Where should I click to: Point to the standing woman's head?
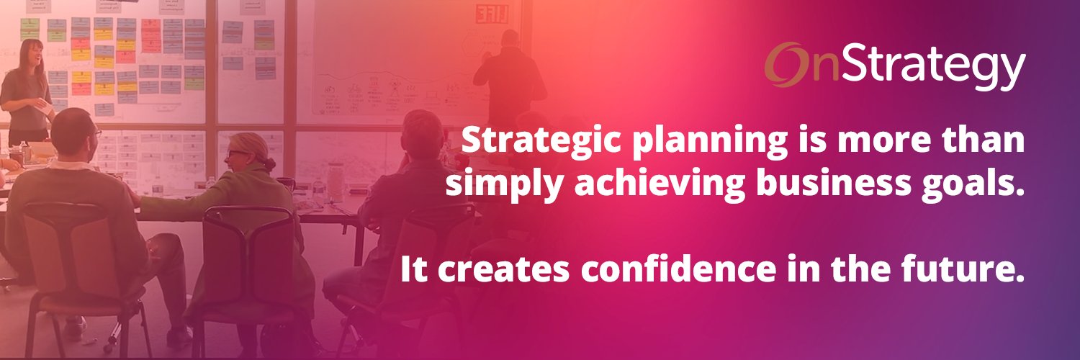click(x=32, y=54)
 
